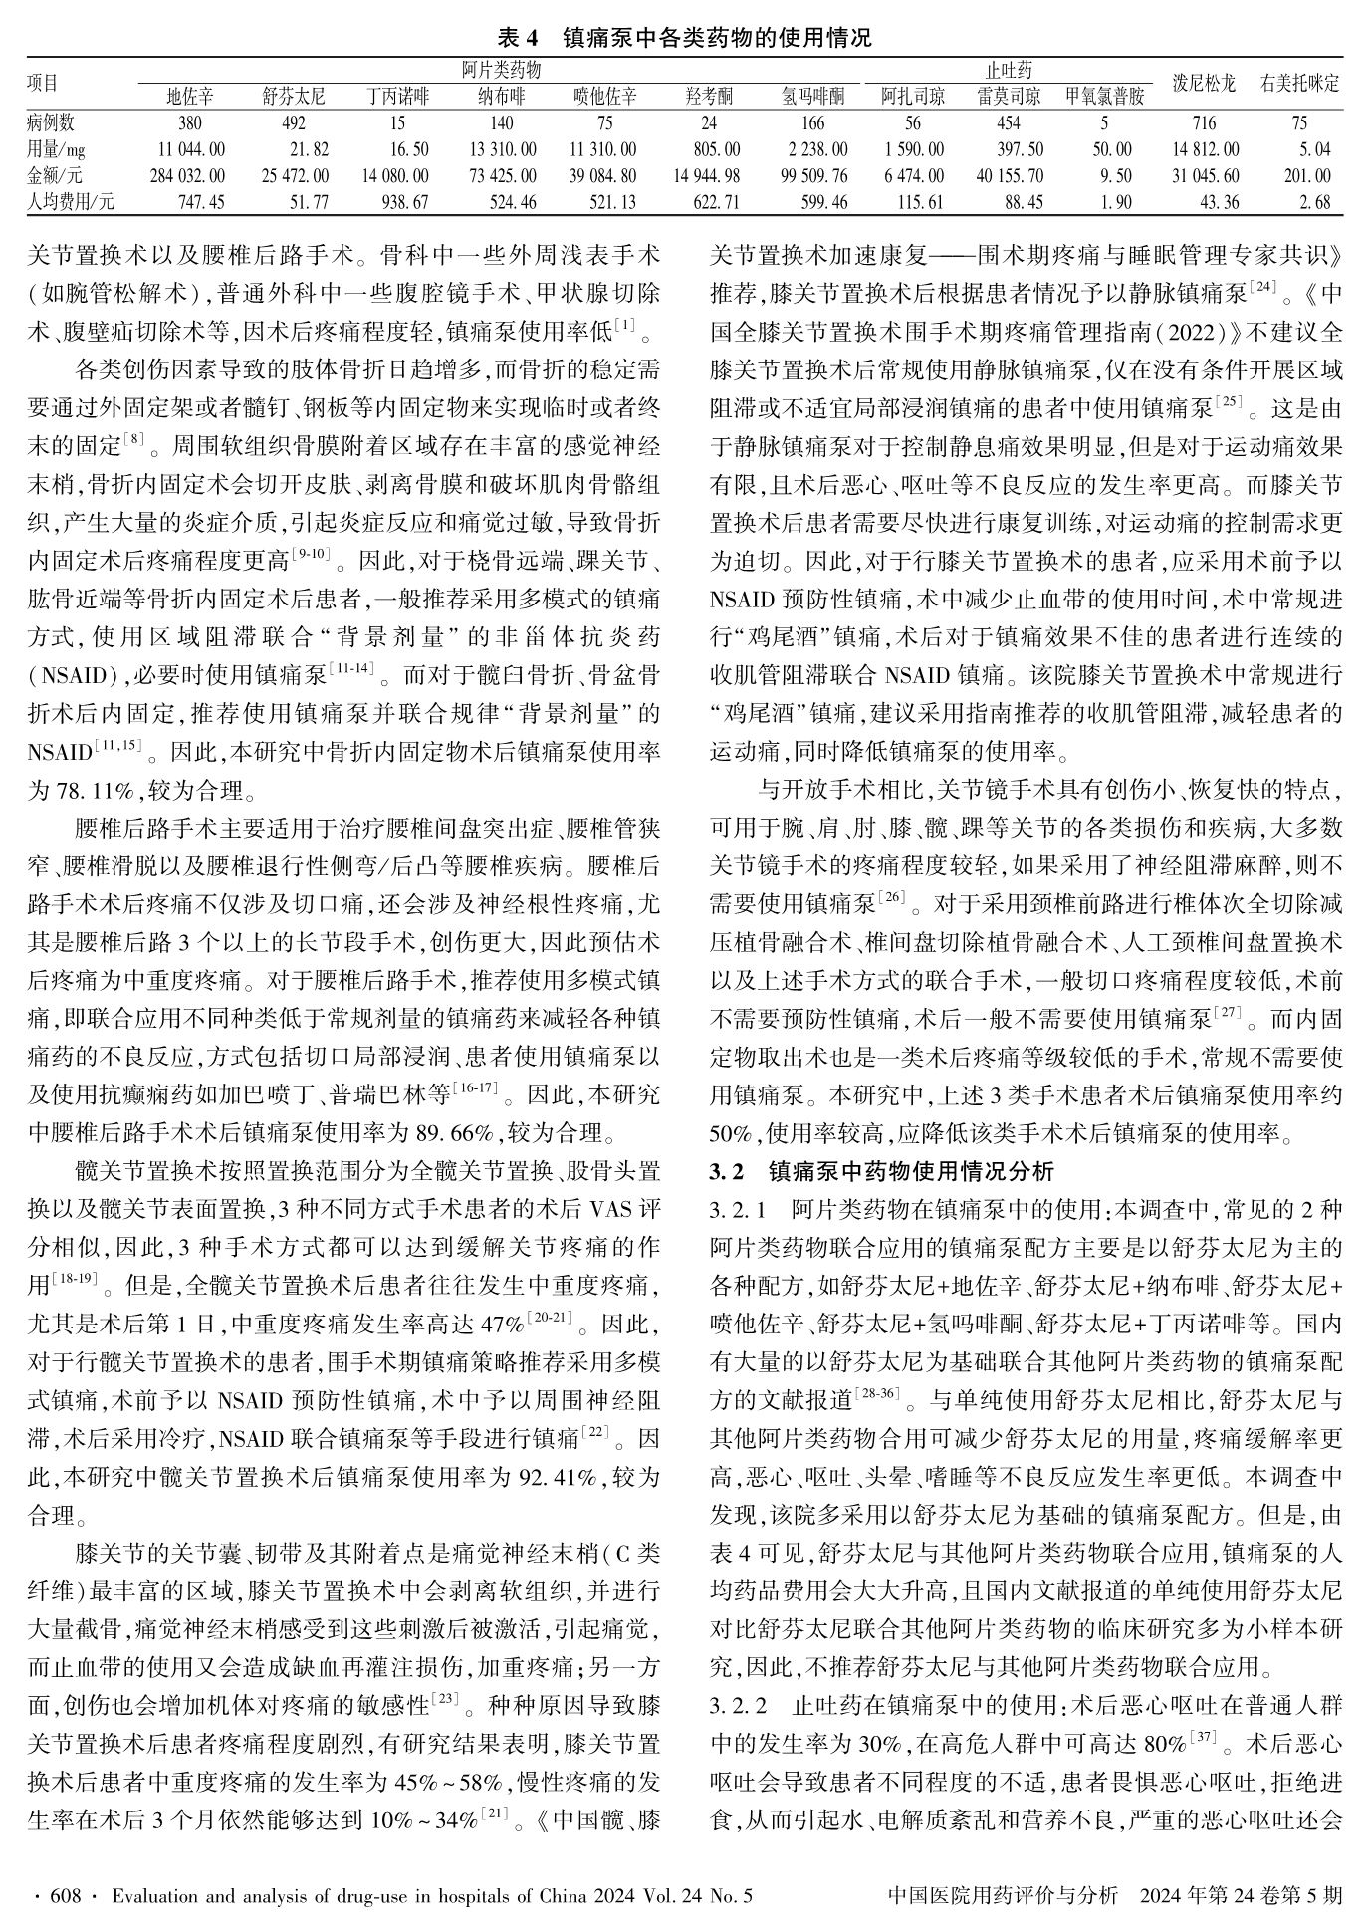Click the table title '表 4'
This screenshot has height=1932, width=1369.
pos(517,38)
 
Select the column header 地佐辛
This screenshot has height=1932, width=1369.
pos(189,97)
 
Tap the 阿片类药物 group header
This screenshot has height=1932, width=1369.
pos(501,70)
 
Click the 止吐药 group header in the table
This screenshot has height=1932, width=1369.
pos(1008,70)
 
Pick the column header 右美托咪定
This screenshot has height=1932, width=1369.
pos(1299,83)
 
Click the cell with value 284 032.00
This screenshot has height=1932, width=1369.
pos(188,176)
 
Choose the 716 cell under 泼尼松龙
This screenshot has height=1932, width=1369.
pos(1204,123)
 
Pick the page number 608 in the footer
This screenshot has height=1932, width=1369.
pos(66,1896)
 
